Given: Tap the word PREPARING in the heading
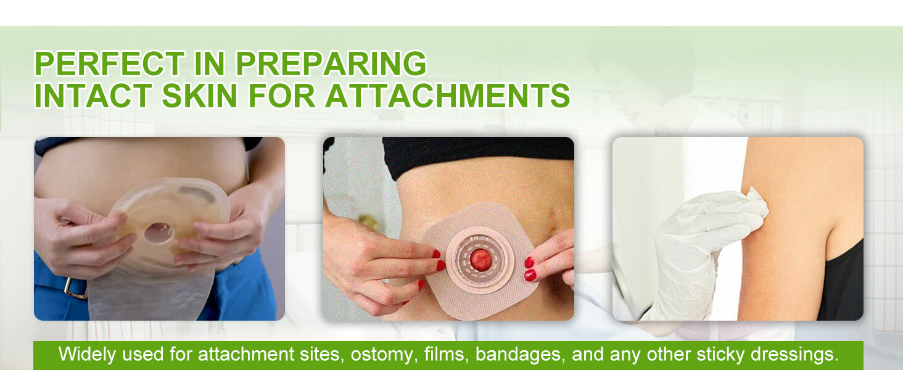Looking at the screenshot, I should point(331,64).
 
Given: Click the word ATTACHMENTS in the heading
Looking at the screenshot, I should point(447,96).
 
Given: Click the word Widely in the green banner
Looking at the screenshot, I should point(85,355).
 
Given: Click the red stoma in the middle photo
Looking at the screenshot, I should point(481,260).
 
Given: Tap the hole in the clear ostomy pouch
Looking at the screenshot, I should point(159,232).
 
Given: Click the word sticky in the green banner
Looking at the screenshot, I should point(722,355).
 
